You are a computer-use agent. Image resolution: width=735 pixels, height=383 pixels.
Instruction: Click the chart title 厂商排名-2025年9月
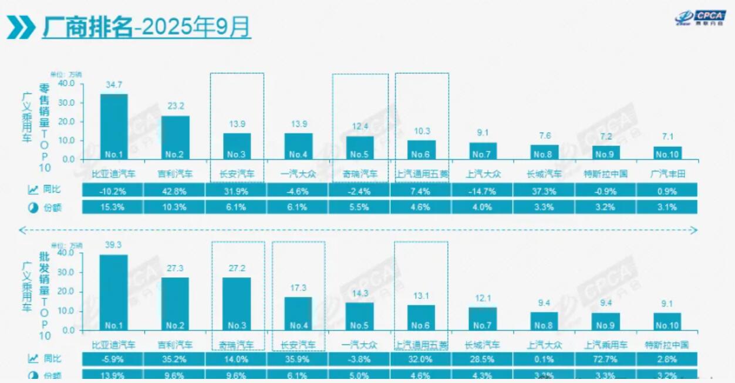click(146, 26)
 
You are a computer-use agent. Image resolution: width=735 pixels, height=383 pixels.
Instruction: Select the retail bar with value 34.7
click(114, 126)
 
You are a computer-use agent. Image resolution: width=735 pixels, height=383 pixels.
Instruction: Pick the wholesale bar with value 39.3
click(114, 292)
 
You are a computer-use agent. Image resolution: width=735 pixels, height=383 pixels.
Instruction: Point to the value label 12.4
click(359, 127)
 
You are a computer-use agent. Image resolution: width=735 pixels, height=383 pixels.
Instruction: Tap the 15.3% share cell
click(114, 207)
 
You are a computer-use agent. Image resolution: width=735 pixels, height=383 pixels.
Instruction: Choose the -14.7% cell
click(482, 190)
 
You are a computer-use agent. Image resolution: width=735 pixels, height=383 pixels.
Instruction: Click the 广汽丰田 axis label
click(667, 174)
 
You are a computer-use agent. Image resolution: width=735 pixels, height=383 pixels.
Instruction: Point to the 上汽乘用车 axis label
click(606, 345)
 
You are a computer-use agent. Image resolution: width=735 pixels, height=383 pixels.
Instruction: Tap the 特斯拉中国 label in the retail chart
click(606, 174)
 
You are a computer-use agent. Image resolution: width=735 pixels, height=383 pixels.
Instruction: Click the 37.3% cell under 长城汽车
click(544, 190)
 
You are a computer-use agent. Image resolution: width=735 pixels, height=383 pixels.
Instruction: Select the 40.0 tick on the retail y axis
click(67, 83)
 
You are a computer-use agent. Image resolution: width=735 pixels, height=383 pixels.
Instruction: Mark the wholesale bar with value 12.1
click(483, 318)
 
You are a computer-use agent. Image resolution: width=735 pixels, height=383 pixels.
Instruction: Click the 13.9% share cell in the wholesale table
click(114, 375)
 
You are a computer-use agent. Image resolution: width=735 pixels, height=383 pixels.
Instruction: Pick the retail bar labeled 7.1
click(667, 153)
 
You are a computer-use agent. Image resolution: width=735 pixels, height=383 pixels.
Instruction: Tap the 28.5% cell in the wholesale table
click(482, 359)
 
